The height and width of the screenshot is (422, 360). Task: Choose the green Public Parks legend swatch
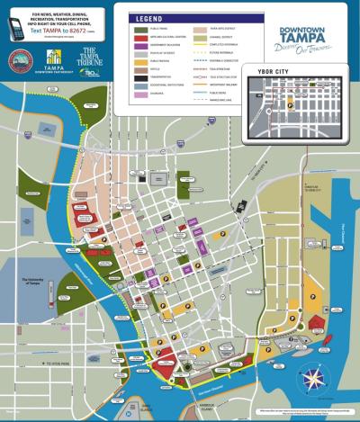tap(129, 29)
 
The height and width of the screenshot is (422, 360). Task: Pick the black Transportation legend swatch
tap(129, 76)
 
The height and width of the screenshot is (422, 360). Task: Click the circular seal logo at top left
tap(19, 60)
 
